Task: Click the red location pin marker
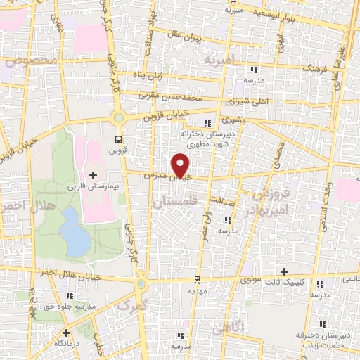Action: click(x=181, y=165)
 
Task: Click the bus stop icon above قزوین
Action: click(x=118, y=139)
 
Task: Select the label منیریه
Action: click(x=233, y=11)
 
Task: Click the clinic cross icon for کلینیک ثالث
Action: click(x=284, y=271)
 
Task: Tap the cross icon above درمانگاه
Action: click(x=67, y=333)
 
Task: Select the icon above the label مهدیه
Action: click(x=198, y=278)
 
